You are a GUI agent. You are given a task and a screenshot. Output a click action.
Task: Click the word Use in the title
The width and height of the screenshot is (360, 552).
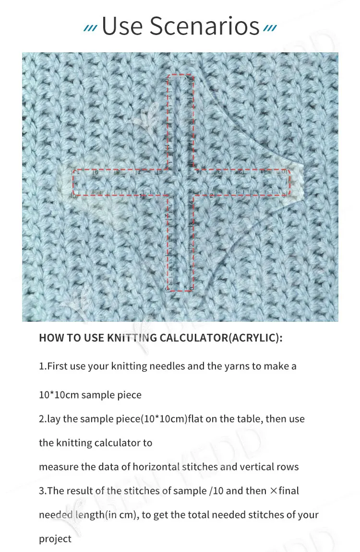tap(122, 26)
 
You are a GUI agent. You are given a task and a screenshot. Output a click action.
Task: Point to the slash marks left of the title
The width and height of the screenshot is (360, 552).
tap(90, 29)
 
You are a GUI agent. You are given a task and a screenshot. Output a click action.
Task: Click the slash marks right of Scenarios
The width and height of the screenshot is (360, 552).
tap(270, 29)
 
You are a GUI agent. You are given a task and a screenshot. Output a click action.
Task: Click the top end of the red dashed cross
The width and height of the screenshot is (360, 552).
tap(180, 75)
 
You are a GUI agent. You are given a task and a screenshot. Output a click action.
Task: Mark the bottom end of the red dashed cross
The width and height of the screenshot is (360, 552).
tap(180, 290)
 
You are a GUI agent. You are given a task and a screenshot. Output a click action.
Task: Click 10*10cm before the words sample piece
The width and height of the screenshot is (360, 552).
tap(59, 395)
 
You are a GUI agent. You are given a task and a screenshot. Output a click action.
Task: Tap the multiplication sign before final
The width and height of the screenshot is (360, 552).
tap(274, 491)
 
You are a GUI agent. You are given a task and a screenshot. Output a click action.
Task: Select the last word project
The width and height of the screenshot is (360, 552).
tap(55, 539)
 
